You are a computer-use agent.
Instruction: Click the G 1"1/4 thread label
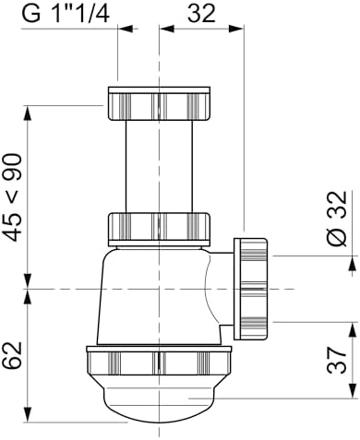tap(66, 14)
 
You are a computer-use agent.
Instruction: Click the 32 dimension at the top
tap(201, 14)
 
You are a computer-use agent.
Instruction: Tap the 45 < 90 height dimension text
tap(14, 197)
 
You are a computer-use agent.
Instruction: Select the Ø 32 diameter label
tap(336, 218)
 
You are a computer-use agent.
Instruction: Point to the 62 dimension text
tap(13, 355)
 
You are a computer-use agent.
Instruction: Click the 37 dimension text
tap(336, 361)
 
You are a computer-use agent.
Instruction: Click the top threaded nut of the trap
tap(159, 103)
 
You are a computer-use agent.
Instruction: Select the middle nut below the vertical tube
tap(159, 229)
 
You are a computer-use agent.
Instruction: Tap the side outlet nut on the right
tap(250, 289)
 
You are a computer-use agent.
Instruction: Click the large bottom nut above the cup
tap(159, 361)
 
